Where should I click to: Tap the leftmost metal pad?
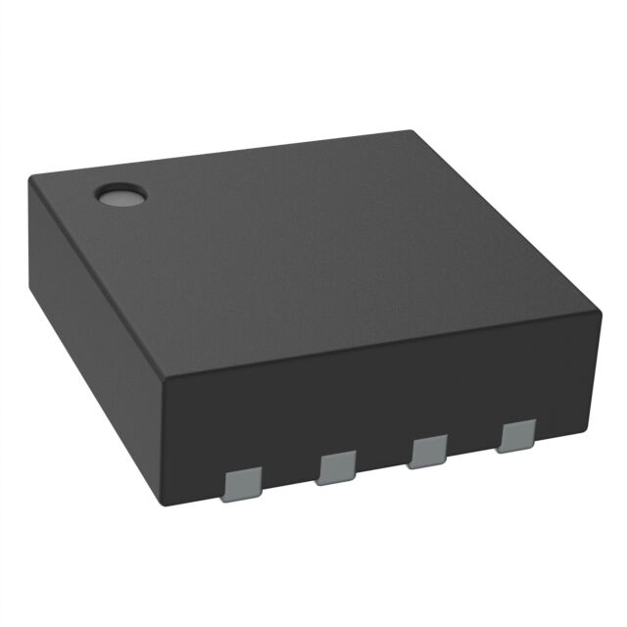(242, 485)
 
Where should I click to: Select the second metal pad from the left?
(336, 468)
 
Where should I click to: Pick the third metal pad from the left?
(428, 452)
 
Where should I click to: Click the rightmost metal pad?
(515, 437)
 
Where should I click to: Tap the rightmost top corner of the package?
(599, 313)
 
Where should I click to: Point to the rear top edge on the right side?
(505, 221)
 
